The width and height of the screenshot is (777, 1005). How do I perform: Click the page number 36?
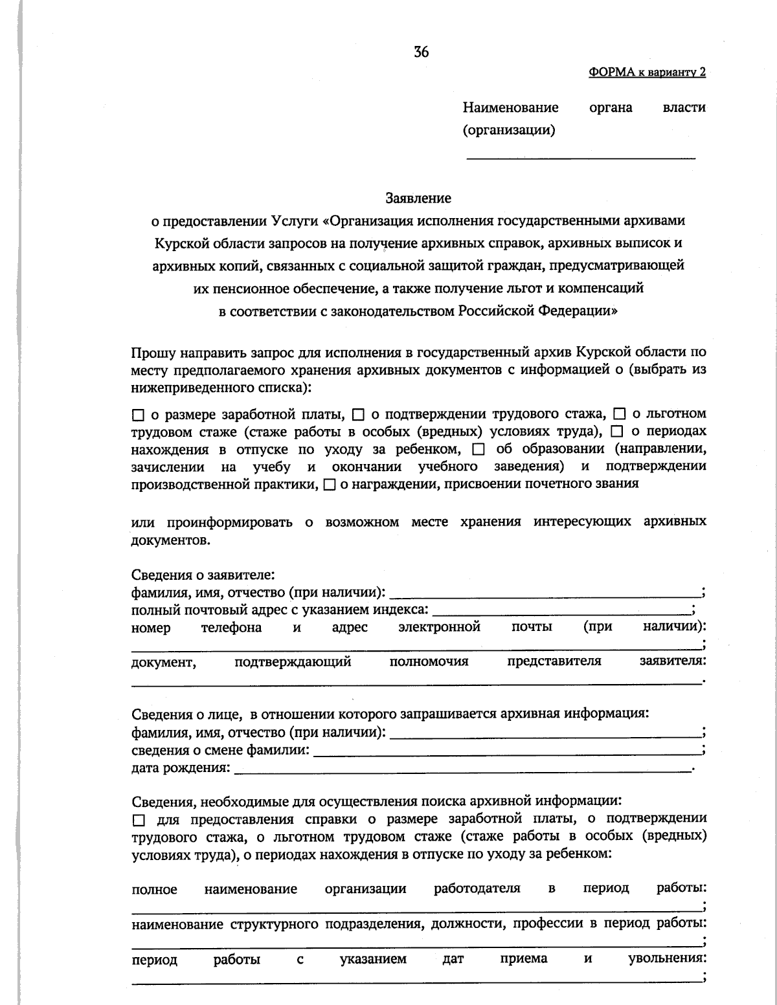(421, 52)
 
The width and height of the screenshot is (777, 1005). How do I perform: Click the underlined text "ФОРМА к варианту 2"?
(647, 72)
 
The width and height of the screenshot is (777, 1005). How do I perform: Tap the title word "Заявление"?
(418, 197)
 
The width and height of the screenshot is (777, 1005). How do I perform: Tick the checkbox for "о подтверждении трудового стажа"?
(358, 414)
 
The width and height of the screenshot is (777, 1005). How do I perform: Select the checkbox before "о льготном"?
(619, 414)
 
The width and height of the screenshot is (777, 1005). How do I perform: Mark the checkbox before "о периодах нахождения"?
(617, 432)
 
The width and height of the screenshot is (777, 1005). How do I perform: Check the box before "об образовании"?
(479, 449)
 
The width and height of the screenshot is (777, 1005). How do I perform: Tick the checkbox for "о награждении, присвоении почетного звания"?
(329, 484)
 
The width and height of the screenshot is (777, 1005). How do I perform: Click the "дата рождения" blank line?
(463, 768)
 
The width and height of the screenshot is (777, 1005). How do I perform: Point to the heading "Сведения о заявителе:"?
(203, 575)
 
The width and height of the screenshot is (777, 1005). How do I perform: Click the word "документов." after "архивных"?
(171, 540)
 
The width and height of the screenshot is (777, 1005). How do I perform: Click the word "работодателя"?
(477, 888)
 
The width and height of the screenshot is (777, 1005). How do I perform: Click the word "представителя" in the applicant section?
(554, 661)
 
